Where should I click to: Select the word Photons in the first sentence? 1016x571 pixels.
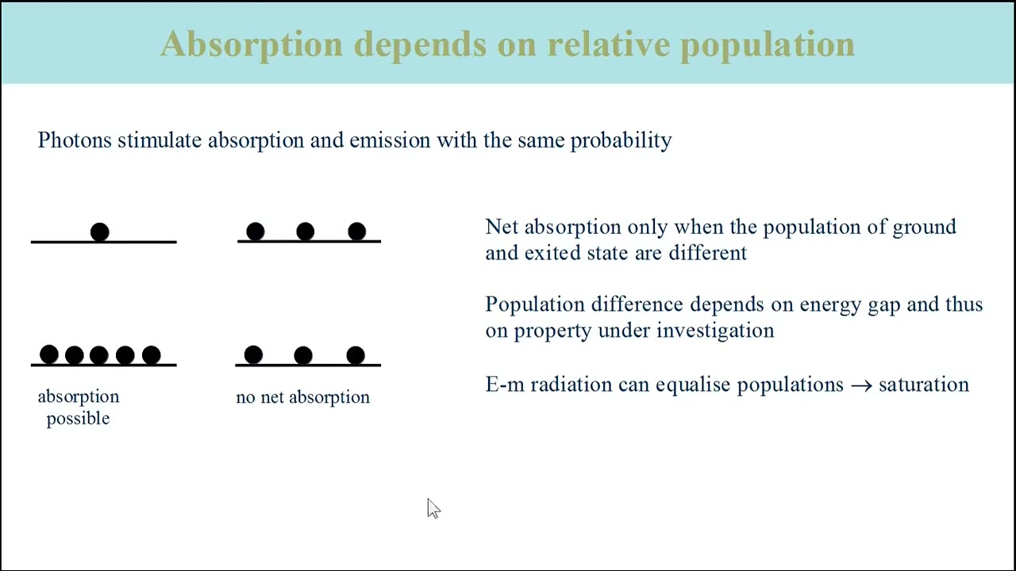point(75,140)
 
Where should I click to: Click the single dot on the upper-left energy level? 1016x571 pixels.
point(99,232)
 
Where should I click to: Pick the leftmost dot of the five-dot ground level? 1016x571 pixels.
point(49,354)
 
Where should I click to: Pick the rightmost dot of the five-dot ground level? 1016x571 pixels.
point(151,354)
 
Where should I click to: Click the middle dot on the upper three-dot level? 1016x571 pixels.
point(306,232)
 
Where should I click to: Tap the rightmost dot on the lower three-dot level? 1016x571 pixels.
point(356,355)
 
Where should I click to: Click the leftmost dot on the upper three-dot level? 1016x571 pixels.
point(255,232)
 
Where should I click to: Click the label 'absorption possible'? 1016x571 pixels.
point(78,407)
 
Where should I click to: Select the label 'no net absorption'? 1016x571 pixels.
point(302,397)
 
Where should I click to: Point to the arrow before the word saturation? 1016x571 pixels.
point(860,385)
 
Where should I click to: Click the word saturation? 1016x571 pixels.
point(923,385)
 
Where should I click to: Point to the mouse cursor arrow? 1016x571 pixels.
point(433,508)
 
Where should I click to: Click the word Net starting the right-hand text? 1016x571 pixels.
point(502,227)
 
